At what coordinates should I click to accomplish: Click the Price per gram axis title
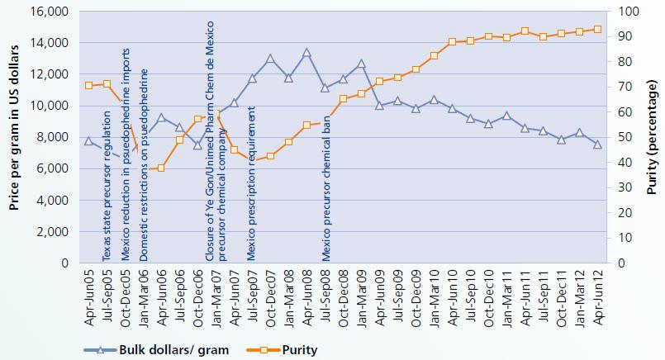tap(15, 136)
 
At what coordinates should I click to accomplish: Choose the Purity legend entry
tap(293, 349)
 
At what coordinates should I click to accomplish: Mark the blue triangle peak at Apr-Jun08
tap(306, 53)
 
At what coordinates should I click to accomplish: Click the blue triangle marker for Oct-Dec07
tap(270, 59)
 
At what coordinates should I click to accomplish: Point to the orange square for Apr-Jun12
tap(597, 29)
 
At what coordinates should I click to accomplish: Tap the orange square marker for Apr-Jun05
tap(89, 85)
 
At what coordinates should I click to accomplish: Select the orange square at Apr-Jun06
tap(161, 168)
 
